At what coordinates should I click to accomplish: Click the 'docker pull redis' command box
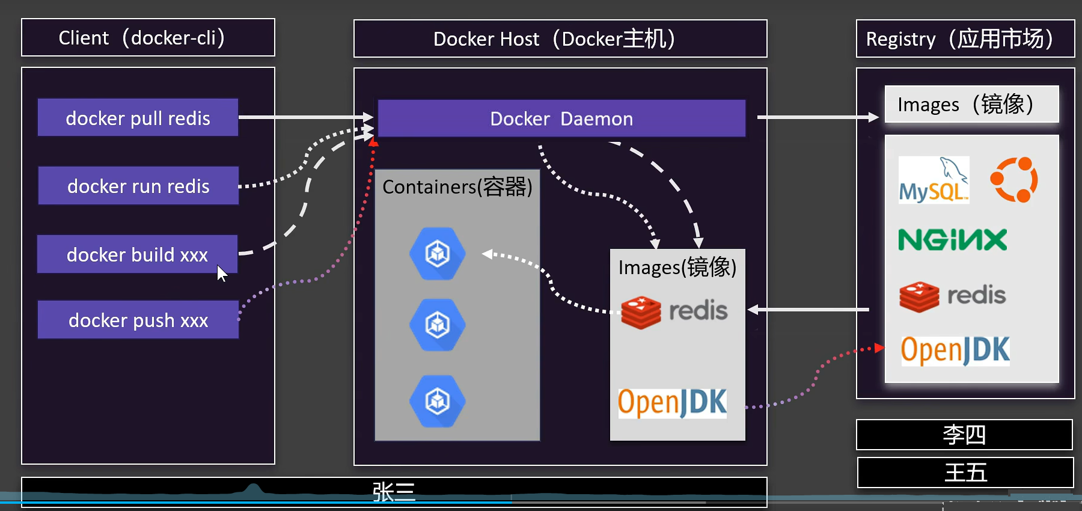coord(138,118)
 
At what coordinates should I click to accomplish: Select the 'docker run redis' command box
coord(138,186)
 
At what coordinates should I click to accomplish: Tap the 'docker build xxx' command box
coord(137,254)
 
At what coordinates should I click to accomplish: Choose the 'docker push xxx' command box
coord(138,320)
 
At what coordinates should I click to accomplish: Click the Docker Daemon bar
coord(561,118)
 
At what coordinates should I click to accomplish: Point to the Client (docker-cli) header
coord(148,38)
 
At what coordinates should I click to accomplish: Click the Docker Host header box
coord(560,39)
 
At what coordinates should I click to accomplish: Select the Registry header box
coord(965,39)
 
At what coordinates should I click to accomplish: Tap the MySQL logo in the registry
coord(934,180)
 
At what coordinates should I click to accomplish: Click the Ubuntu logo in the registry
coord(1014,180)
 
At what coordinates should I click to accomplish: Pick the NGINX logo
coord(952,239)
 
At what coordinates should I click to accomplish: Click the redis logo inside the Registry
coord(952,296)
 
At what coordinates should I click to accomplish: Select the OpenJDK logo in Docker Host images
coord(672,402)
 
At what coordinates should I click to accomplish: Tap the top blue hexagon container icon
coord(438,254)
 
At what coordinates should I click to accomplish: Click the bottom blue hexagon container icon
coord(438,401)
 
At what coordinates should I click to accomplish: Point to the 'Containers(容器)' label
coord(457,187)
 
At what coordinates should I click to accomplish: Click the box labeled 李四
coord(964,435)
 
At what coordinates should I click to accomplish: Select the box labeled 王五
coord(965,473)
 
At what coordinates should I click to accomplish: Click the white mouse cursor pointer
coord(222,274)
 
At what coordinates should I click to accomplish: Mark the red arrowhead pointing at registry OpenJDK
coord(879,347)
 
